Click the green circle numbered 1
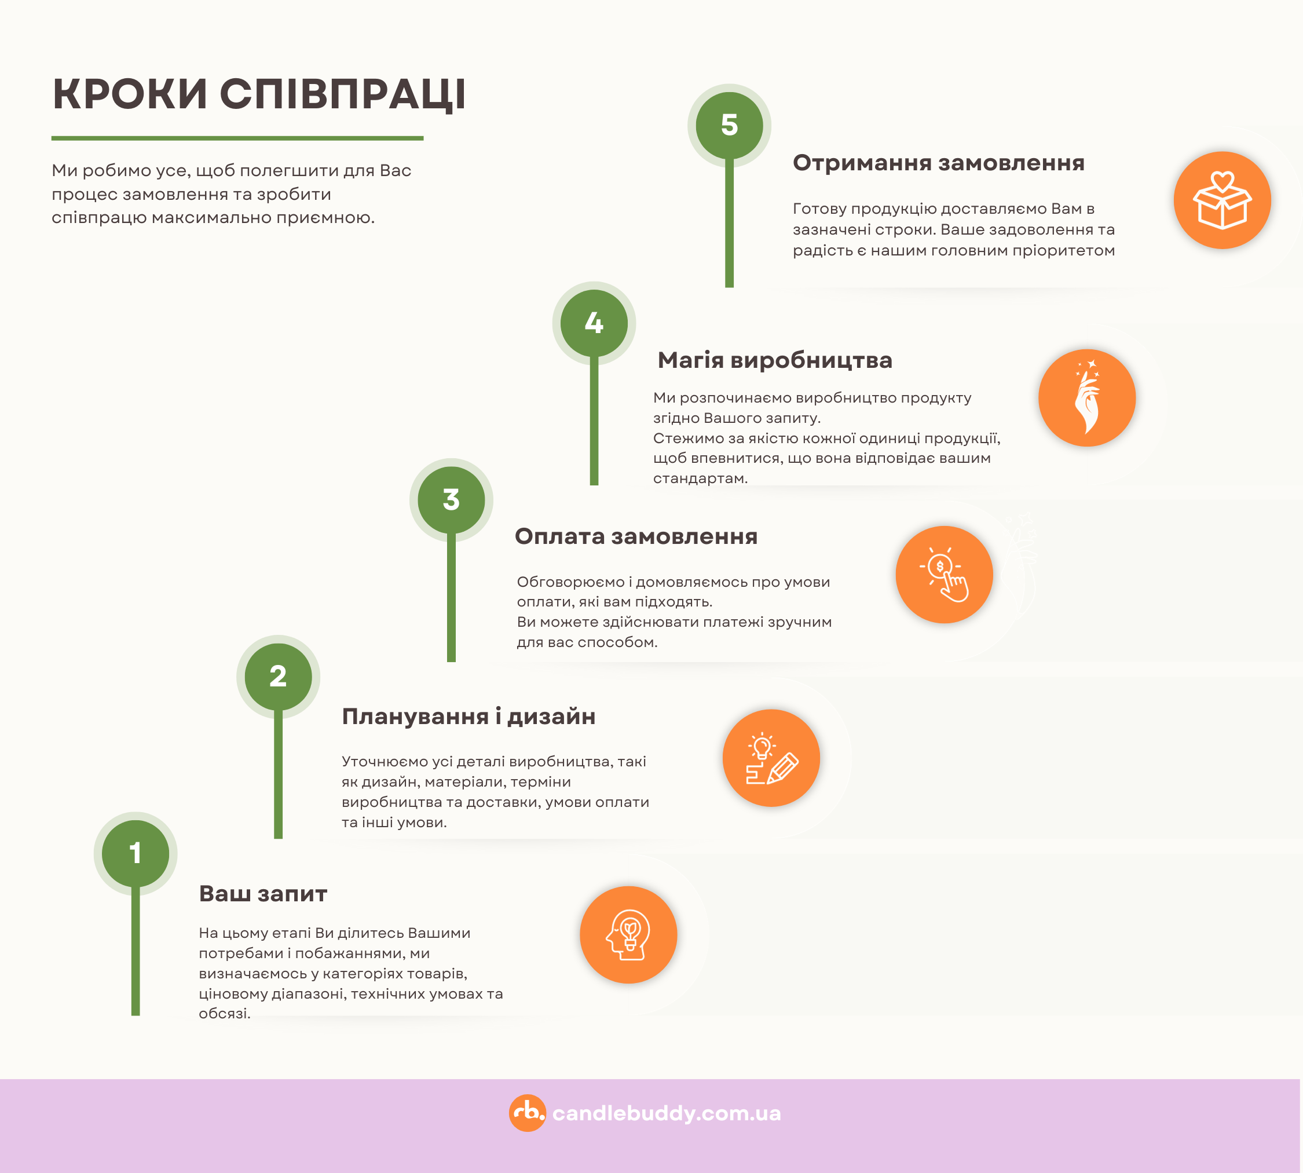click(136, 853)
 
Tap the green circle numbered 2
click(279, 676)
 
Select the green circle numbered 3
click(451, 499)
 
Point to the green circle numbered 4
click(594, 323)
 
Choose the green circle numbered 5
click(730, 125)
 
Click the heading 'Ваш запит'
click(263, 894)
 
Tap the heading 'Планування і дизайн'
click(469, 717)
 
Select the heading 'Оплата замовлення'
click(636, 536)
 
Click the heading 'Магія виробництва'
click(775, 360)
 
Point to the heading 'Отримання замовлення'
click(938, 163)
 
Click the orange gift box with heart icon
click(1223, 200)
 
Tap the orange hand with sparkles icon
click(1087, 397)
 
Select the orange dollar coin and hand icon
click(944, 574)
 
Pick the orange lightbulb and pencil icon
click(771, 758)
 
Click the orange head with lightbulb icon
click(628, 934)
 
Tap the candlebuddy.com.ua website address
click(667, 1113)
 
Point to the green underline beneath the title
click(237, 138)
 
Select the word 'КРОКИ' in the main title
click(130, 94)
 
